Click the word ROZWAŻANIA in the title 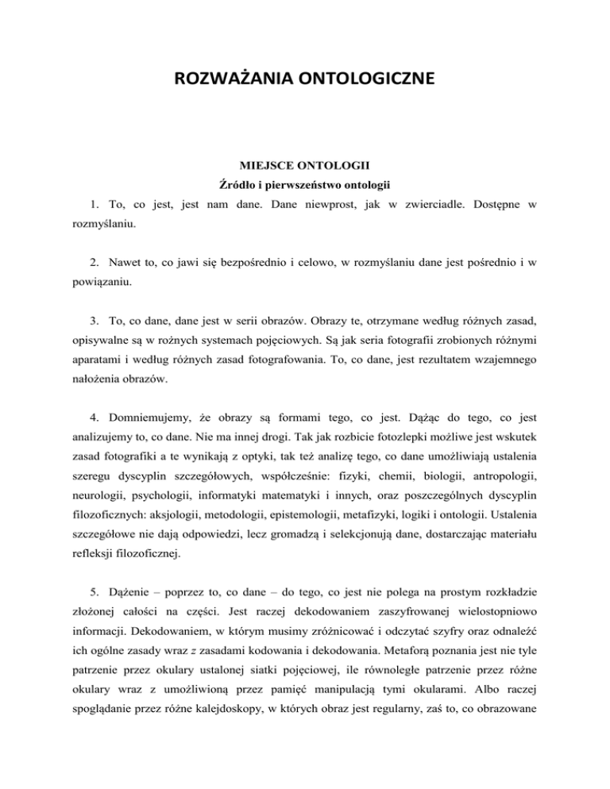(223, 79)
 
